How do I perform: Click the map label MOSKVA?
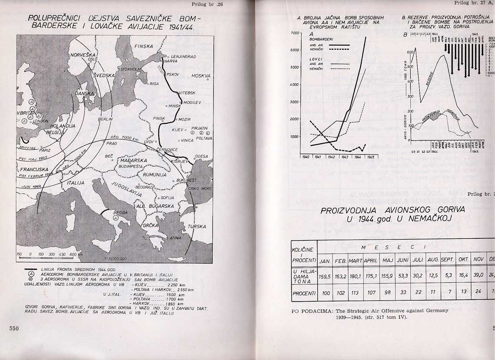(x=201, y=76)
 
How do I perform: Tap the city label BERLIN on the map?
(x=106, y=119)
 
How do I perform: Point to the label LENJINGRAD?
(x=183, y=56)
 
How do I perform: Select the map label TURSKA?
(x=197, y=226)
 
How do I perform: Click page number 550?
(x=14, y=329)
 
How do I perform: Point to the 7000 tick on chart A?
(x=294, y=33)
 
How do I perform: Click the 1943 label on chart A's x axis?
(x=345, y=157)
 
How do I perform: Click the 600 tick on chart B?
(x=409, y=52)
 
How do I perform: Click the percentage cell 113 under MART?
(x=355, y=293)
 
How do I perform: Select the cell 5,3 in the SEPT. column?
(x=447, y=275)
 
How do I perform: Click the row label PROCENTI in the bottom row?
(x=304, y=293)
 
